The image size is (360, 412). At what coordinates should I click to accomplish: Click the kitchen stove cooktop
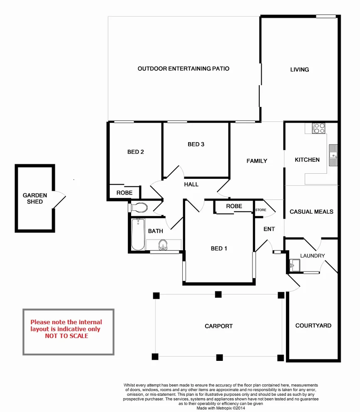pyautogui.click(x=319, y=128)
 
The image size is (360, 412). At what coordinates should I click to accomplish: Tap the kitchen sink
pyautogui.click(x=333, y=155)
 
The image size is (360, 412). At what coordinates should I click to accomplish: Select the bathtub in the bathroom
pyautogui.click(x=138, y=235)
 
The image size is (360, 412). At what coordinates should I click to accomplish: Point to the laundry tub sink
pyautogui.click(x=295, y=264)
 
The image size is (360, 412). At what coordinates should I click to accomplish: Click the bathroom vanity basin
pyautogui.click(x=163, y=245)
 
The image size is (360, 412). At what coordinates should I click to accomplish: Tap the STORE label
pyautogui.click(x=261, y=210)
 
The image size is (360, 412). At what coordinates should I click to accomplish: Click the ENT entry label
pyautogui.click(x=269, y=229)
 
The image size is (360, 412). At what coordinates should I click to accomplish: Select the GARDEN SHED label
pyautogui.click(x=35, y=198)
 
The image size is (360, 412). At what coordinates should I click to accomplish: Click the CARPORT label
pyautogui.click(x=218, y=326)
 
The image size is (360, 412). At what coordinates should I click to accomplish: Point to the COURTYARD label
pyautogui.click(x=313, y=326)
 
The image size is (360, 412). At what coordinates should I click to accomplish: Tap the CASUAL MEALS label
pyautogui.click(x=311, y=212)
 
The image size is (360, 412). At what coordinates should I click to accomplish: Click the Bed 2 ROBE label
pyautogui.click(x=124, y=192)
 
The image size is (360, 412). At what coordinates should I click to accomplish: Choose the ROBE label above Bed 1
pyautogui.click(x=234, y=206)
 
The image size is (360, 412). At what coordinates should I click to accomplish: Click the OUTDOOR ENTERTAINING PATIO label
pyautogui.click(x=184, y=69)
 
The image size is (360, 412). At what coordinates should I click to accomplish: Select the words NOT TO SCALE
pyautogui.click(x=67, y=336)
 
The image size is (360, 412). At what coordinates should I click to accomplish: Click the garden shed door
pyautogui.click(x=60, y=200)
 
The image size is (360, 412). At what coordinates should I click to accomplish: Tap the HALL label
pyautogui.click(x=191, y=184)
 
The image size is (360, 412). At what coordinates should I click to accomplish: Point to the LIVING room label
pyautogui.click(x=300, y=69)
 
